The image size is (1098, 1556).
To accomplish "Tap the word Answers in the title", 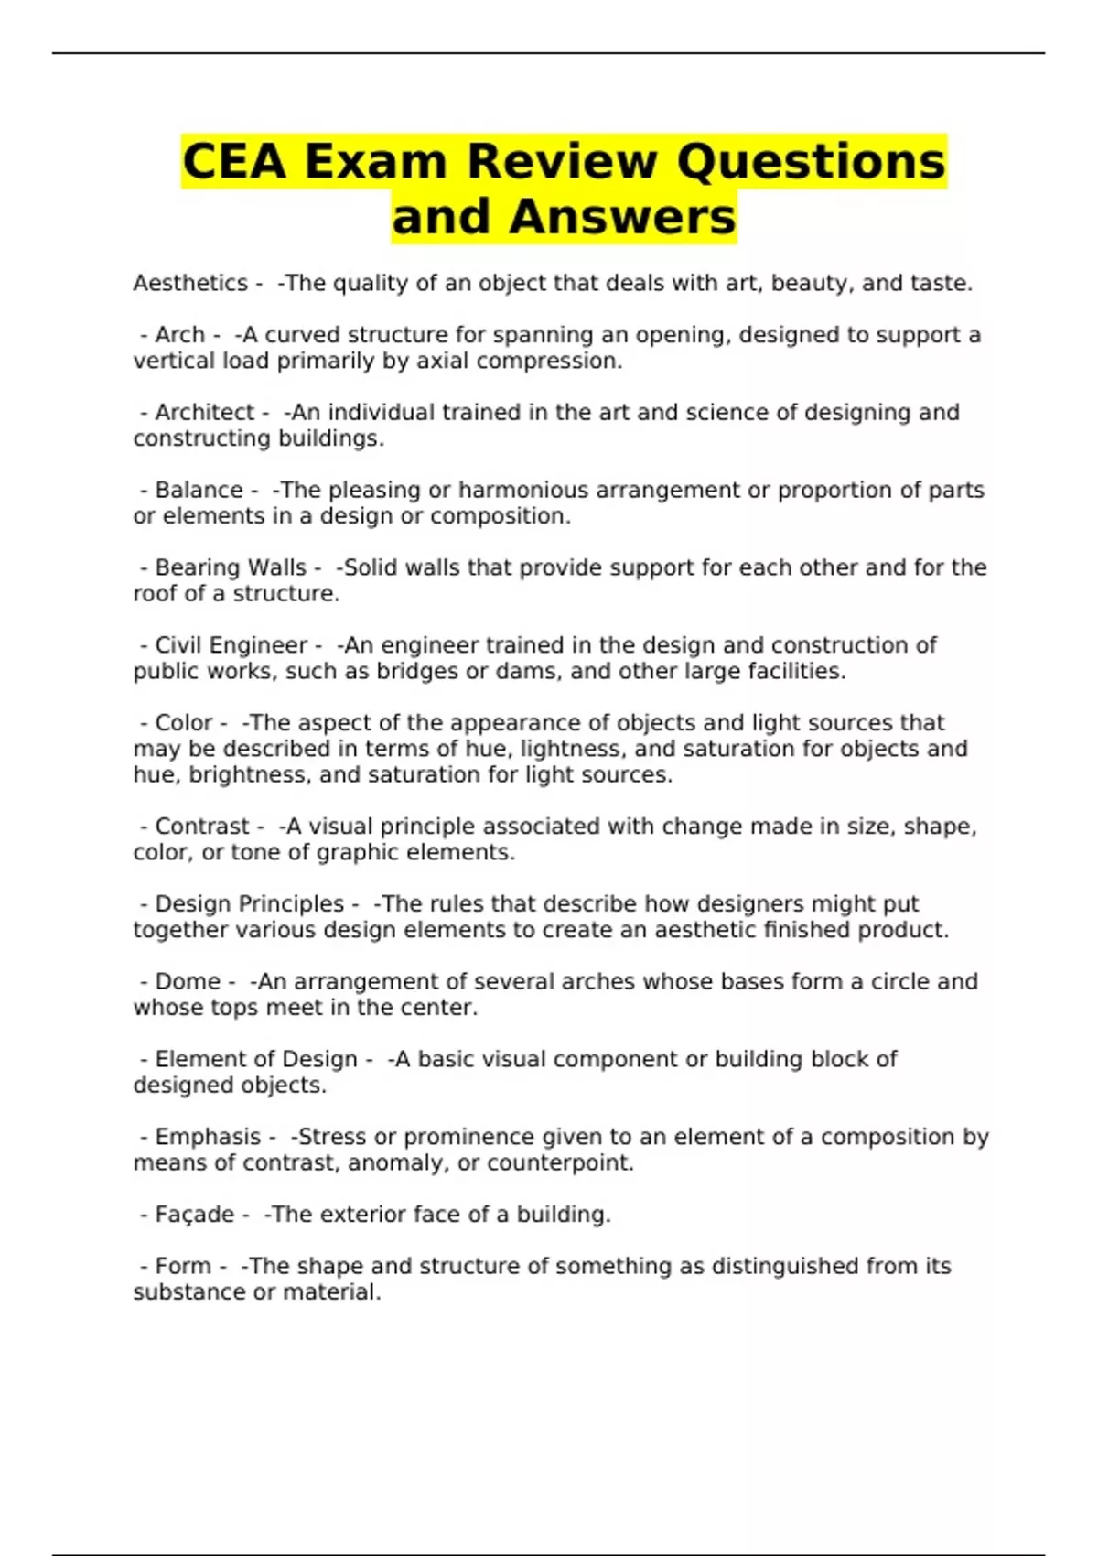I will click(x=622, y=217).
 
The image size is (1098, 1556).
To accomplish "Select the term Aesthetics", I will click(x=190, y=283).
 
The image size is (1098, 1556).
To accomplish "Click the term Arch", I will click(x=179, y=335).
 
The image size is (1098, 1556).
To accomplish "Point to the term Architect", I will click(x=204, y=413).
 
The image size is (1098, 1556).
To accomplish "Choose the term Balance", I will click(x=199, y=491).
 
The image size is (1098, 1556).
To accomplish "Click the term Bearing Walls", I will click(x=230, y=567).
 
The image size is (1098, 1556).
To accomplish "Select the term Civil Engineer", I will click(x=231, y=645).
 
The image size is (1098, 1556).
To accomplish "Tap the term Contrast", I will click(x=201, y=827).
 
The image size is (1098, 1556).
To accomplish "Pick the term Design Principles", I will click(x=249, y=904).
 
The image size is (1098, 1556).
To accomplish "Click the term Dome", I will click(x=188, y=981).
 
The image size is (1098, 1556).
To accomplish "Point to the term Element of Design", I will click(x=256, y=1059).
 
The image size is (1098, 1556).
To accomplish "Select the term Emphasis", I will click(x=208, y=1137).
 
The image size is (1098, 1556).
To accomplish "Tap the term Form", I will click(x=183, y=1266).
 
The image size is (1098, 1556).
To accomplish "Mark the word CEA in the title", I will click(x=234, y=161).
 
